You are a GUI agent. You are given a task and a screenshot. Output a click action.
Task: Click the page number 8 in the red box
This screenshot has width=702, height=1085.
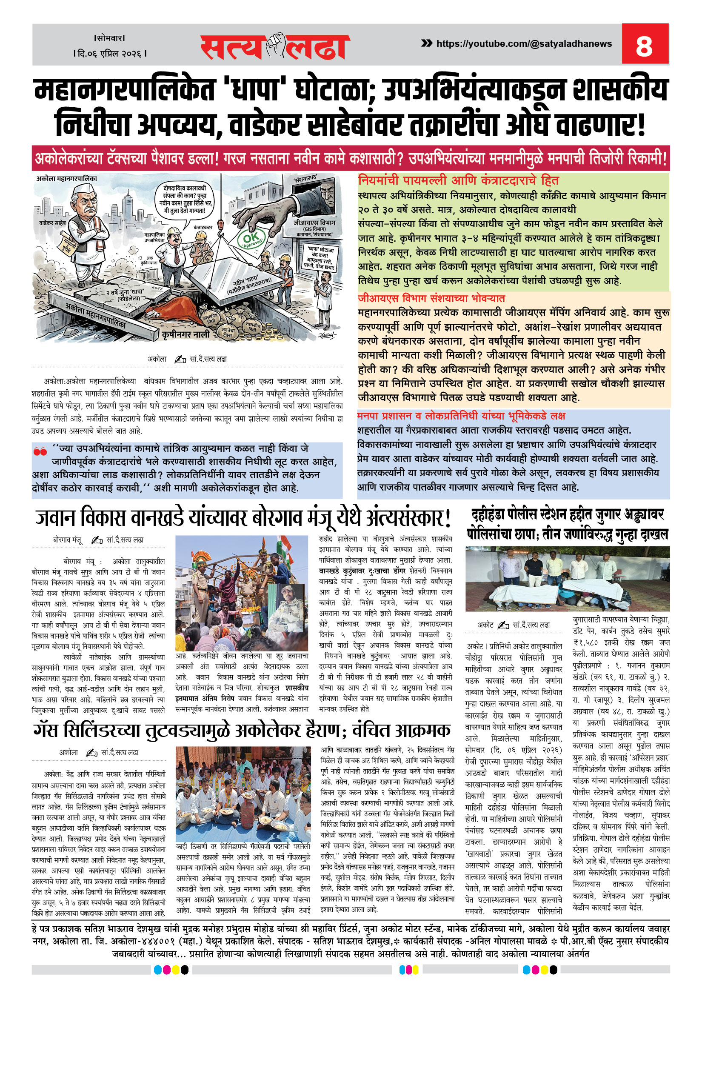644,45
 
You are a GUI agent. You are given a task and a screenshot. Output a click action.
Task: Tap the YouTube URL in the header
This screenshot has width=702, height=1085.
524,44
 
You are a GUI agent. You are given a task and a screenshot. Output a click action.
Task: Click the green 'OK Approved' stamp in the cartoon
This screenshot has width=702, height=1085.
252,238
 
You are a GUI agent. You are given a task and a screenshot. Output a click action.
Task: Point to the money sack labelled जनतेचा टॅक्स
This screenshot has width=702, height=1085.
228,331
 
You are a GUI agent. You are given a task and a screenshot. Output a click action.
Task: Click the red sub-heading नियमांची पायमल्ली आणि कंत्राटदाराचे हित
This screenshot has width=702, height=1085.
458,180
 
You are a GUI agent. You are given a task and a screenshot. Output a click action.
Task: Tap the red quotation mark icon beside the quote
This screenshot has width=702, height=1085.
40,451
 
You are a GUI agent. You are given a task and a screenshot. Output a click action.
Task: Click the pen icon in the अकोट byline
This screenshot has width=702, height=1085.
503,625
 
